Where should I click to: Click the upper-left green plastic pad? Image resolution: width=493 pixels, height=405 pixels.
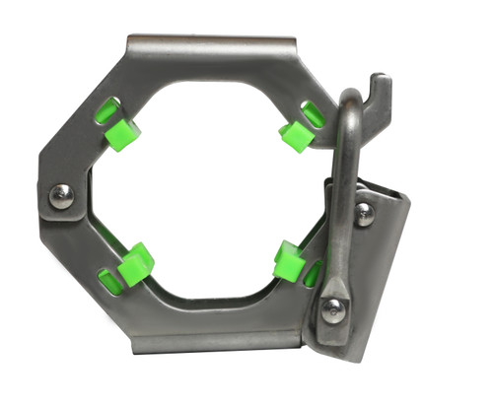[x=123, y=133]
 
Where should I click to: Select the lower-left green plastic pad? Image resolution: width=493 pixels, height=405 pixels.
[x=135, y=264]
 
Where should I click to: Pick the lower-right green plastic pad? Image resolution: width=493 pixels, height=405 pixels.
[x=289, y=260]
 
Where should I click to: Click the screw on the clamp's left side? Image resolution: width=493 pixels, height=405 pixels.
[x=61, y=195]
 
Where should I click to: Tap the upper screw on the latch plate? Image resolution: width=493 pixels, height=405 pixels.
[x=365, y=213]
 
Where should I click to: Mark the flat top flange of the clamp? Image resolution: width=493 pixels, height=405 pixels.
[x=212, y=45]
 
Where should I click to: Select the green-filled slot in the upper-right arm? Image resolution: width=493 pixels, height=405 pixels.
[x=314, y=114]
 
